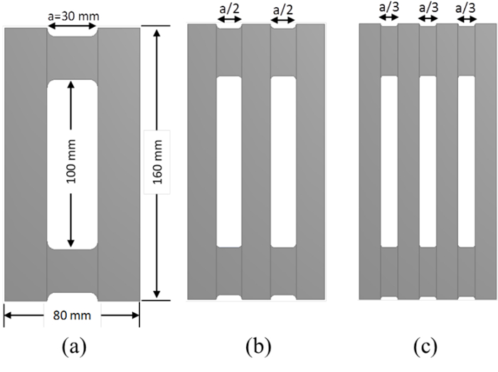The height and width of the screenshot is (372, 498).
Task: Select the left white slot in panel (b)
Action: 228,161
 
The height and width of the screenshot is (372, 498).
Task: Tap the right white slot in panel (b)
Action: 283,161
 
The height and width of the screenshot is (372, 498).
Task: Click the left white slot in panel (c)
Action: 388,161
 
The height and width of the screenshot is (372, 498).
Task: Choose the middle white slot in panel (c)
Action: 427,161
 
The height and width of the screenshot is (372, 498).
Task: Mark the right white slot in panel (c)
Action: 466,161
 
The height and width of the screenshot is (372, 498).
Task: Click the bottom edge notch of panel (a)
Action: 72,296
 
